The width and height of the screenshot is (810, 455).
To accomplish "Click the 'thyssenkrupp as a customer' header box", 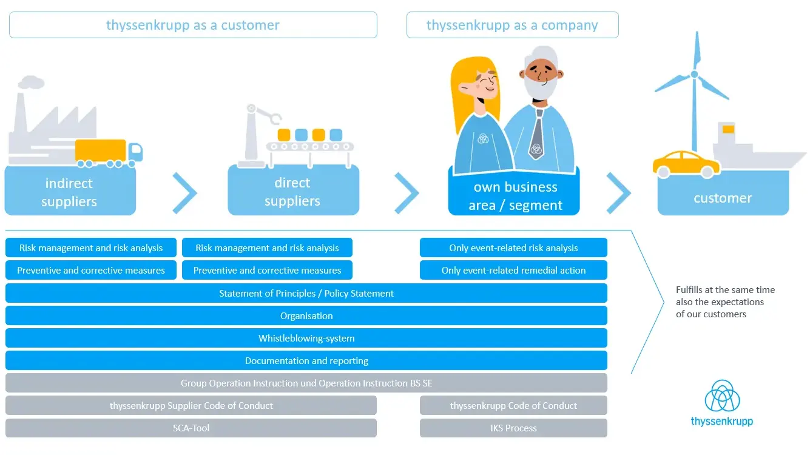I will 193,25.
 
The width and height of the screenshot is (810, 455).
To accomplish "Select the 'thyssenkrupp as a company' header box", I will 512,25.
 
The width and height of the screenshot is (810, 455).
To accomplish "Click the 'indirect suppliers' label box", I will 70,192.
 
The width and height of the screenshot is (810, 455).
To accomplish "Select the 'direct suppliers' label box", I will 293,192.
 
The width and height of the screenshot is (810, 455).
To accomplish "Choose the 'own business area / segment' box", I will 514,195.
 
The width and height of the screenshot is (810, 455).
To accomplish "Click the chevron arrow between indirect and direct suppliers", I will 184,193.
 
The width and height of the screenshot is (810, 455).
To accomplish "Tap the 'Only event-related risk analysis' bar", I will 513,248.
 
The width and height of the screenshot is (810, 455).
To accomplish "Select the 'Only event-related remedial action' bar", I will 513,271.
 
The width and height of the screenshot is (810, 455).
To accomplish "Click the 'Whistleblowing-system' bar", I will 306,338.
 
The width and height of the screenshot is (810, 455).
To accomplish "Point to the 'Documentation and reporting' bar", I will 306,360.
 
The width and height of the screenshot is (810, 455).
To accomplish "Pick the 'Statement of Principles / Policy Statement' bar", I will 306,293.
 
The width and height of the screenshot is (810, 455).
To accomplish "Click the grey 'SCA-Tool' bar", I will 191,428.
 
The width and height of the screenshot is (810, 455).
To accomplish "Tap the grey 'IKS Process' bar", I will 513,428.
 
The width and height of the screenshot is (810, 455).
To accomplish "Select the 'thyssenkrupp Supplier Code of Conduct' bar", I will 191,405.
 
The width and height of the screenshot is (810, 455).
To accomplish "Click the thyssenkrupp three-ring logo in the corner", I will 722,397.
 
